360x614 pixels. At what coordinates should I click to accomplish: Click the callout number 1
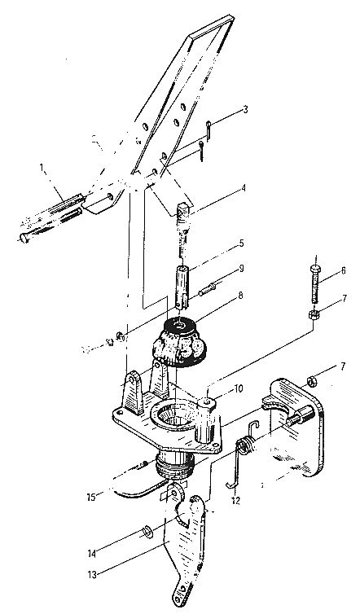click(x=42, y=168)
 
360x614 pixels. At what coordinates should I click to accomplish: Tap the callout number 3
click(x=245, y=109)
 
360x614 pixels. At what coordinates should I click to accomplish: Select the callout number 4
click(x=244, y=188)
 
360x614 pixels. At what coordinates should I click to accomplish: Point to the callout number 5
click(x=242, y=243)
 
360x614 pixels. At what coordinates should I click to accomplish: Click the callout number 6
click(x=343, y=270)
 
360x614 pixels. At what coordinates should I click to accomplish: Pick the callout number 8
click(x=241, y=295)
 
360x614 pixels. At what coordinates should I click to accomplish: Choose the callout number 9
click(x=242, y=269)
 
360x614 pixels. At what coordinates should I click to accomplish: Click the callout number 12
click(x=236, y=501)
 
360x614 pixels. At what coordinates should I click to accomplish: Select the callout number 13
click(x=92, y=574)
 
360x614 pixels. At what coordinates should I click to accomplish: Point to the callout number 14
click(x=93, y=555)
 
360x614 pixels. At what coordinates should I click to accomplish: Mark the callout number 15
click(x=92, y=498)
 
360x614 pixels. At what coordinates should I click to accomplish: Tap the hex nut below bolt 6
click(x=314, y=314)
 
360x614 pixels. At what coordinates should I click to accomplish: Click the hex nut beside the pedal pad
click(x=311, y=379)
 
